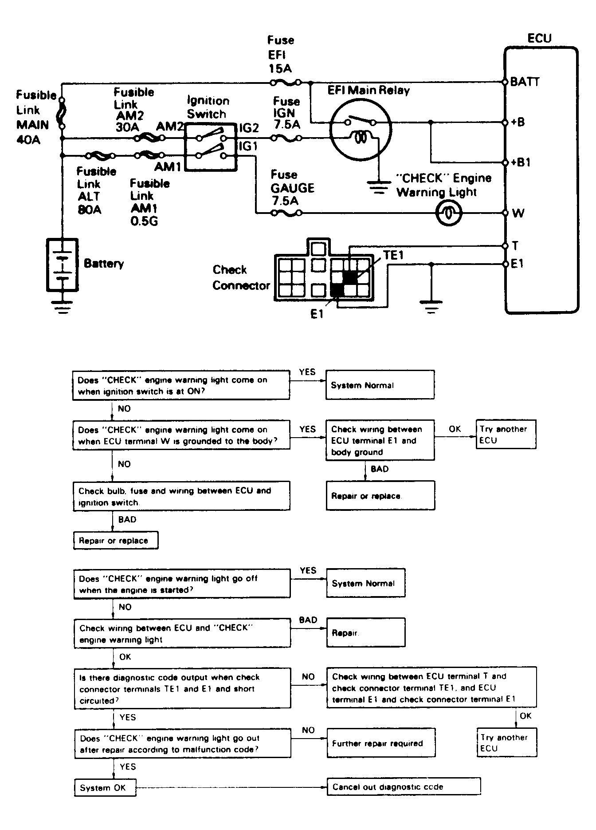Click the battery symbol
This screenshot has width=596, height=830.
(x=63, y=265)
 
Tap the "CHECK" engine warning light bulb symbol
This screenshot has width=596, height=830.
(x=449, y=213)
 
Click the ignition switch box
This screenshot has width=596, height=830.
(x=211, y=147)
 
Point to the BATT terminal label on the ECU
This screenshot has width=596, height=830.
(x=525, y=82)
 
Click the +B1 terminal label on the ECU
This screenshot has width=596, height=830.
(x=521, y=162)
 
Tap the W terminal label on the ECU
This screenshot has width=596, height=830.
(x=518, y=213)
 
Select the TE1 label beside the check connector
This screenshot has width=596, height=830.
(x=394, y=255)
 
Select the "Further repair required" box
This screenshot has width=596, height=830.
(x=381, y=743)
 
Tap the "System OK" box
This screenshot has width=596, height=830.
(x=105, y=787)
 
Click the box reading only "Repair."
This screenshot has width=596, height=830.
(x=366, y=632)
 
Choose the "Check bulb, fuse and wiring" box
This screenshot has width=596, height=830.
(x=182, y=496)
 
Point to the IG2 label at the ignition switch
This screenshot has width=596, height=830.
(x=249, y=128)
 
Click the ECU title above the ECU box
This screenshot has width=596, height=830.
(x=539, y=38)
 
